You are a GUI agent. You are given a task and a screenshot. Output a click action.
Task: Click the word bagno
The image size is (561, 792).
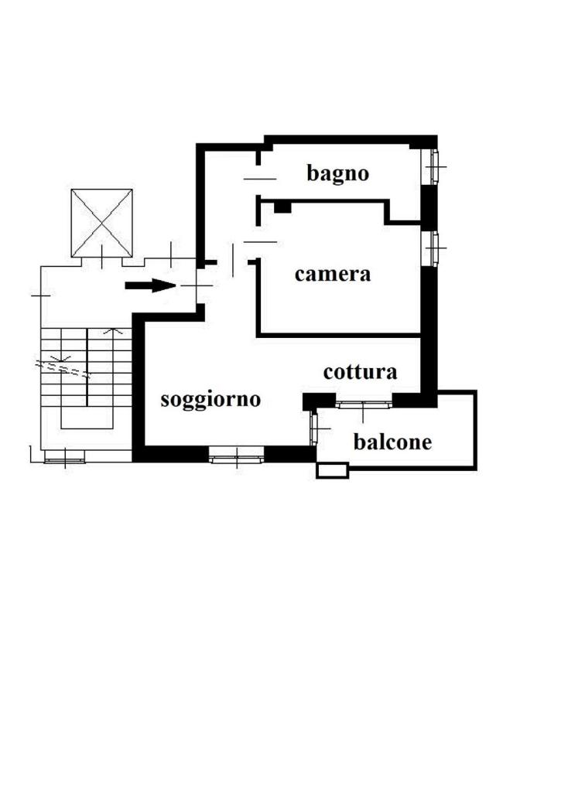pyautogui.click(x=337, y=174)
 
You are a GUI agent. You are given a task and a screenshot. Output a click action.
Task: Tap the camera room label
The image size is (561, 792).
pyautogui.click(x=333, y=275)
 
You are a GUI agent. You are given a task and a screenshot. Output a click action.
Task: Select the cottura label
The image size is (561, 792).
pyautogui.click(x=360, y=372)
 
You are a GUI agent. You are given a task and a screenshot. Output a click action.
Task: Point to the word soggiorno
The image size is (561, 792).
pyautogui.click(x=210, y=400)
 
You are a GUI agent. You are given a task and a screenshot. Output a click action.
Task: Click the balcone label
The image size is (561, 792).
pyautogui.click(x=393, y=442)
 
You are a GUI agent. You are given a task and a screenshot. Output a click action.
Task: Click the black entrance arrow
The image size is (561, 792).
pyautogui.click(x=150, y=285)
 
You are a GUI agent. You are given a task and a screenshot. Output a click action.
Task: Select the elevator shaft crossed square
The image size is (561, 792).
pyautogui.click(x=101, y=223)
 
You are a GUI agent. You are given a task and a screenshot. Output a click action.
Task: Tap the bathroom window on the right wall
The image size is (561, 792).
pyautogui.click(x=431, y=167)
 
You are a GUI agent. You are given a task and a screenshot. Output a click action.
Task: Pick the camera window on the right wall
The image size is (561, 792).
pyautogui.click(x=431, y=248)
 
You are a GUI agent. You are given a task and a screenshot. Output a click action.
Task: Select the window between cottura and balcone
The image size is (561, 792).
pyautogui.click(x=364, y=404)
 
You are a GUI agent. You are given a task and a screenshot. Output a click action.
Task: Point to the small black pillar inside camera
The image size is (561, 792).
pyautogui.click(x=283, y=207)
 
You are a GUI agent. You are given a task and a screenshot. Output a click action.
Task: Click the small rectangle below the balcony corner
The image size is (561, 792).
pyautogui.click(x=332, y=471)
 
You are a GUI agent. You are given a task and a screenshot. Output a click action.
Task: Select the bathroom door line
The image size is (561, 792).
pyautogui.click(x=260, y=179)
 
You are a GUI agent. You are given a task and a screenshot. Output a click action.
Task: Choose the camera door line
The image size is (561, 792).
pyautogui.click(x=260, y=242)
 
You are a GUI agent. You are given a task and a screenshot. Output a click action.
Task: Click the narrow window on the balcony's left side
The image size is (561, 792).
pyautogui.click(x=313, y=428)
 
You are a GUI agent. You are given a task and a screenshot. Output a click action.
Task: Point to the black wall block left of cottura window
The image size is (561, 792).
pyautogui.click(x=319, y=401)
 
